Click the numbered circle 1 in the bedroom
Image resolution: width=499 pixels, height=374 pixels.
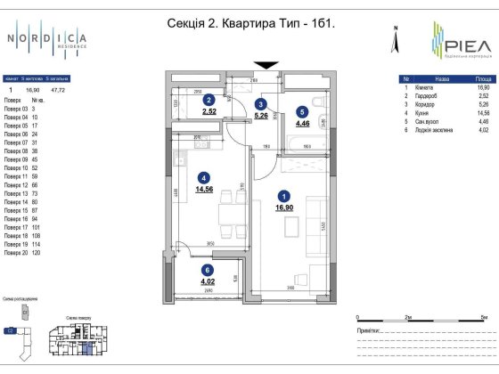point(283,196)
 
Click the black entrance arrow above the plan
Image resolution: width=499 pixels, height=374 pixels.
point(266,63)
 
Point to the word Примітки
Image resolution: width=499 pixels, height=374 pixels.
point(369,329)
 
